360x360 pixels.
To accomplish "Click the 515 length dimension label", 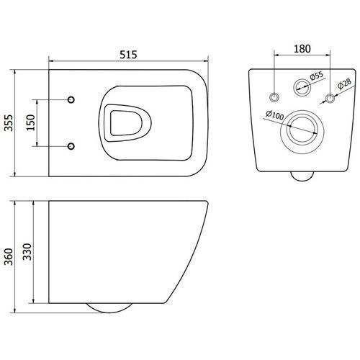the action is coord(128,55).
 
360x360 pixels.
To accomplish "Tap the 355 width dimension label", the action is coord(9,123).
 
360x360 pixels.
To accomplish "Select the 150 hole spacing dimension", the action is coord(31,122).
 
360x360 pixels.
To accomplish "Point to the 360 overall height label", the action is coord(9,257).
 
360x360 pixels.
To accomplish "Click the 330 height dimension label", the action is coord(27,252).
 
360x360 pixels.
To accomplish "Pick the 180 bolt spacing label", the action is coord(302,49).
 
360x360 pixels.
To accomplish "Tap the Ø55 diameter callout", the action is coord(317,76).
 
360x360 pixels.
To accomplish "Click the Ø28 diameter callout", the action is coord(345,84).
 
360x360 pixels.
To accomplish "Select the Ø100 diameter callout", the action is coord(275,114).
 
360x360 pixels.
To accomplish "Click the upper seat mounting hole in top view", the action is coord(71,99).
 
